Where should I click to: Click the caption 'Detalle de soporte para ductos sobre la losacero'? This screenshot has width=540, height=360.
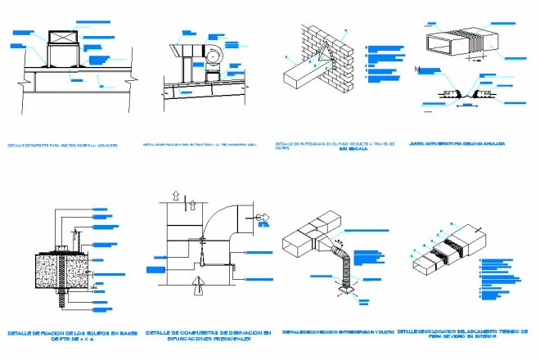pyautogui.click(x=62, y=145)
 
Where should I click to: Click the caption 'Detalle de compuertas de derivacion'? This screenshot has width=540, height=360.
pyautogui.click(x=208, y=336)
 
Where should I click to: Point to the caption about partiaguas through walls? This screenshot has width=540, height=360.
pyautogui.click(x=335, y=146)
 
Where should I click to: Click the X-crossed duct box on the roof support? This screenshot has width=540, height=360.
pyautogui.click(x=62, y=37)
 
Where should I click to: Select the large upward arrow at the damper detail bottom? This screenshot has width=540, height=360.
pyautogui.click(x=196, y=286)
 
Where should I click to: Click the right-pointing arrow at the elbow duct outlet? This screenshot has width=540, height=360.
pyautogui.click(x=264, y=218)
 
